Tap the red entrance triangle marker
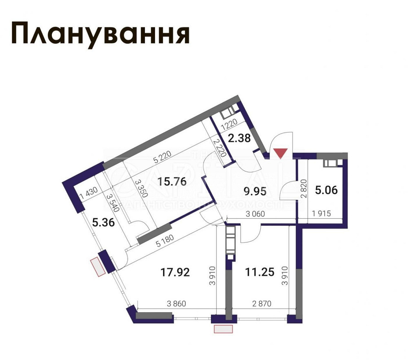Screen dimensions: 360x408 (x=281, y=153)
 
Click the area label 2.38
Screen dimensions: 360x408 (x=239, y=138)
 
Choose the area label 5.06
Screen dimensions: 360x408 (x=326, y=190)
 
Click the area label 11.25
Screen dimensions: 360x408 (x=259, y=272)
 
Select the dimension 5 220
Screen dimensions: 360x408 (x=162, y=157)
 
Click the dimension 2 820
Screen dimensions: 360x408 (x=303, y=188)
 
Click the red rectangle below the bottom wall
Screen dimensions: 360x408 (x=223, y=329)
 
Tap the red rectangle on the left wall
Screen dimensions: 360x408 (x=98, y=267)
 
